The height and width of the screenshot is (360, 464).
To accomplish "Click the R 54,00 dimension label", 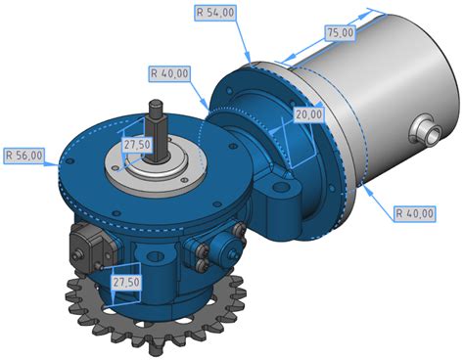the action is point(215,13).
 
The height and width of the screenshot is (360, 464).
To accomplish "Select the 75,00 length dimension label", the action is point(341,32).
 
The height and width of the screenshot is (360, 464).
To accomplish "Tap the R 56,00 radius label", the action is point(24,156).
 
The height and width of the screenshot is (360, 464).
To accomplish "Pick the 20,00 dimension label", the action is point(308,114).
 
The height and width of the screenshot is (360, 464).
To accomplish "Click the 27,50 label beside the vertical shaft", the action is point(137,145).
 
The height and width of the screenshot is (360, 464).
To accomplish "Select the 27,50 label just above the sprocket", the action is point(126,282).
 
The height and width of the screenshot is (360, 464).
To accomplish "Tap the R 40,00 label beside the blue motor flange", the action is point(169,73).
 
